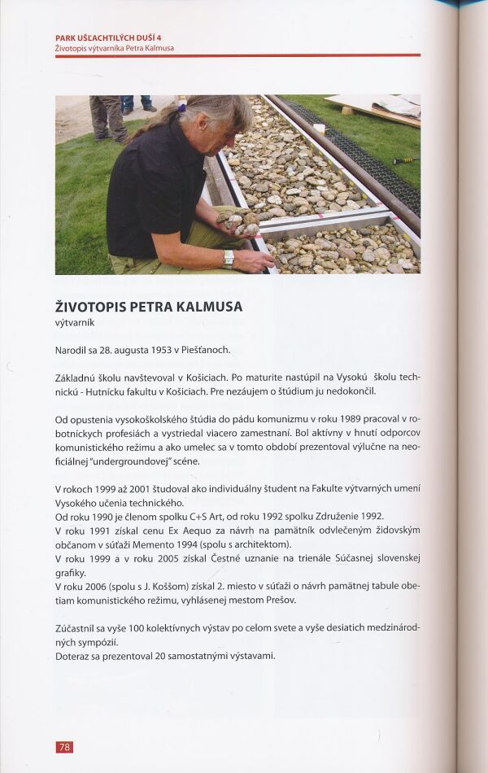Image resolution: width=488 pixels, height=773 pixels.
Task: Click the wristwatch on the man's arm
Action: pos(229,258)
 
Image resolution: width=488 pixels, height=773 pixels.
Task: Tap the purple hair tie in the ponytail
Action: pos(182,107)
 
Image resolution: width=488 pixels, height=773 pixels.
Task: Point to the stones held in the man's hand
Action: pos(234,218)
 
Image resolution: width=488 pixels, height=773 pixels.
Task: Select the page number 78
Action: pos(64,746)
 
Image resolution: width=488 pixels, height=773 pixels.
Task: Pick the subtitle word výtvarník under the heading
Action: pos(75,322)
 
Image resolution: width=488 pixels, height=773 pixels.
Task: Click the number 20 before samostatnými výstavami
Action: pos(143,656)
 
